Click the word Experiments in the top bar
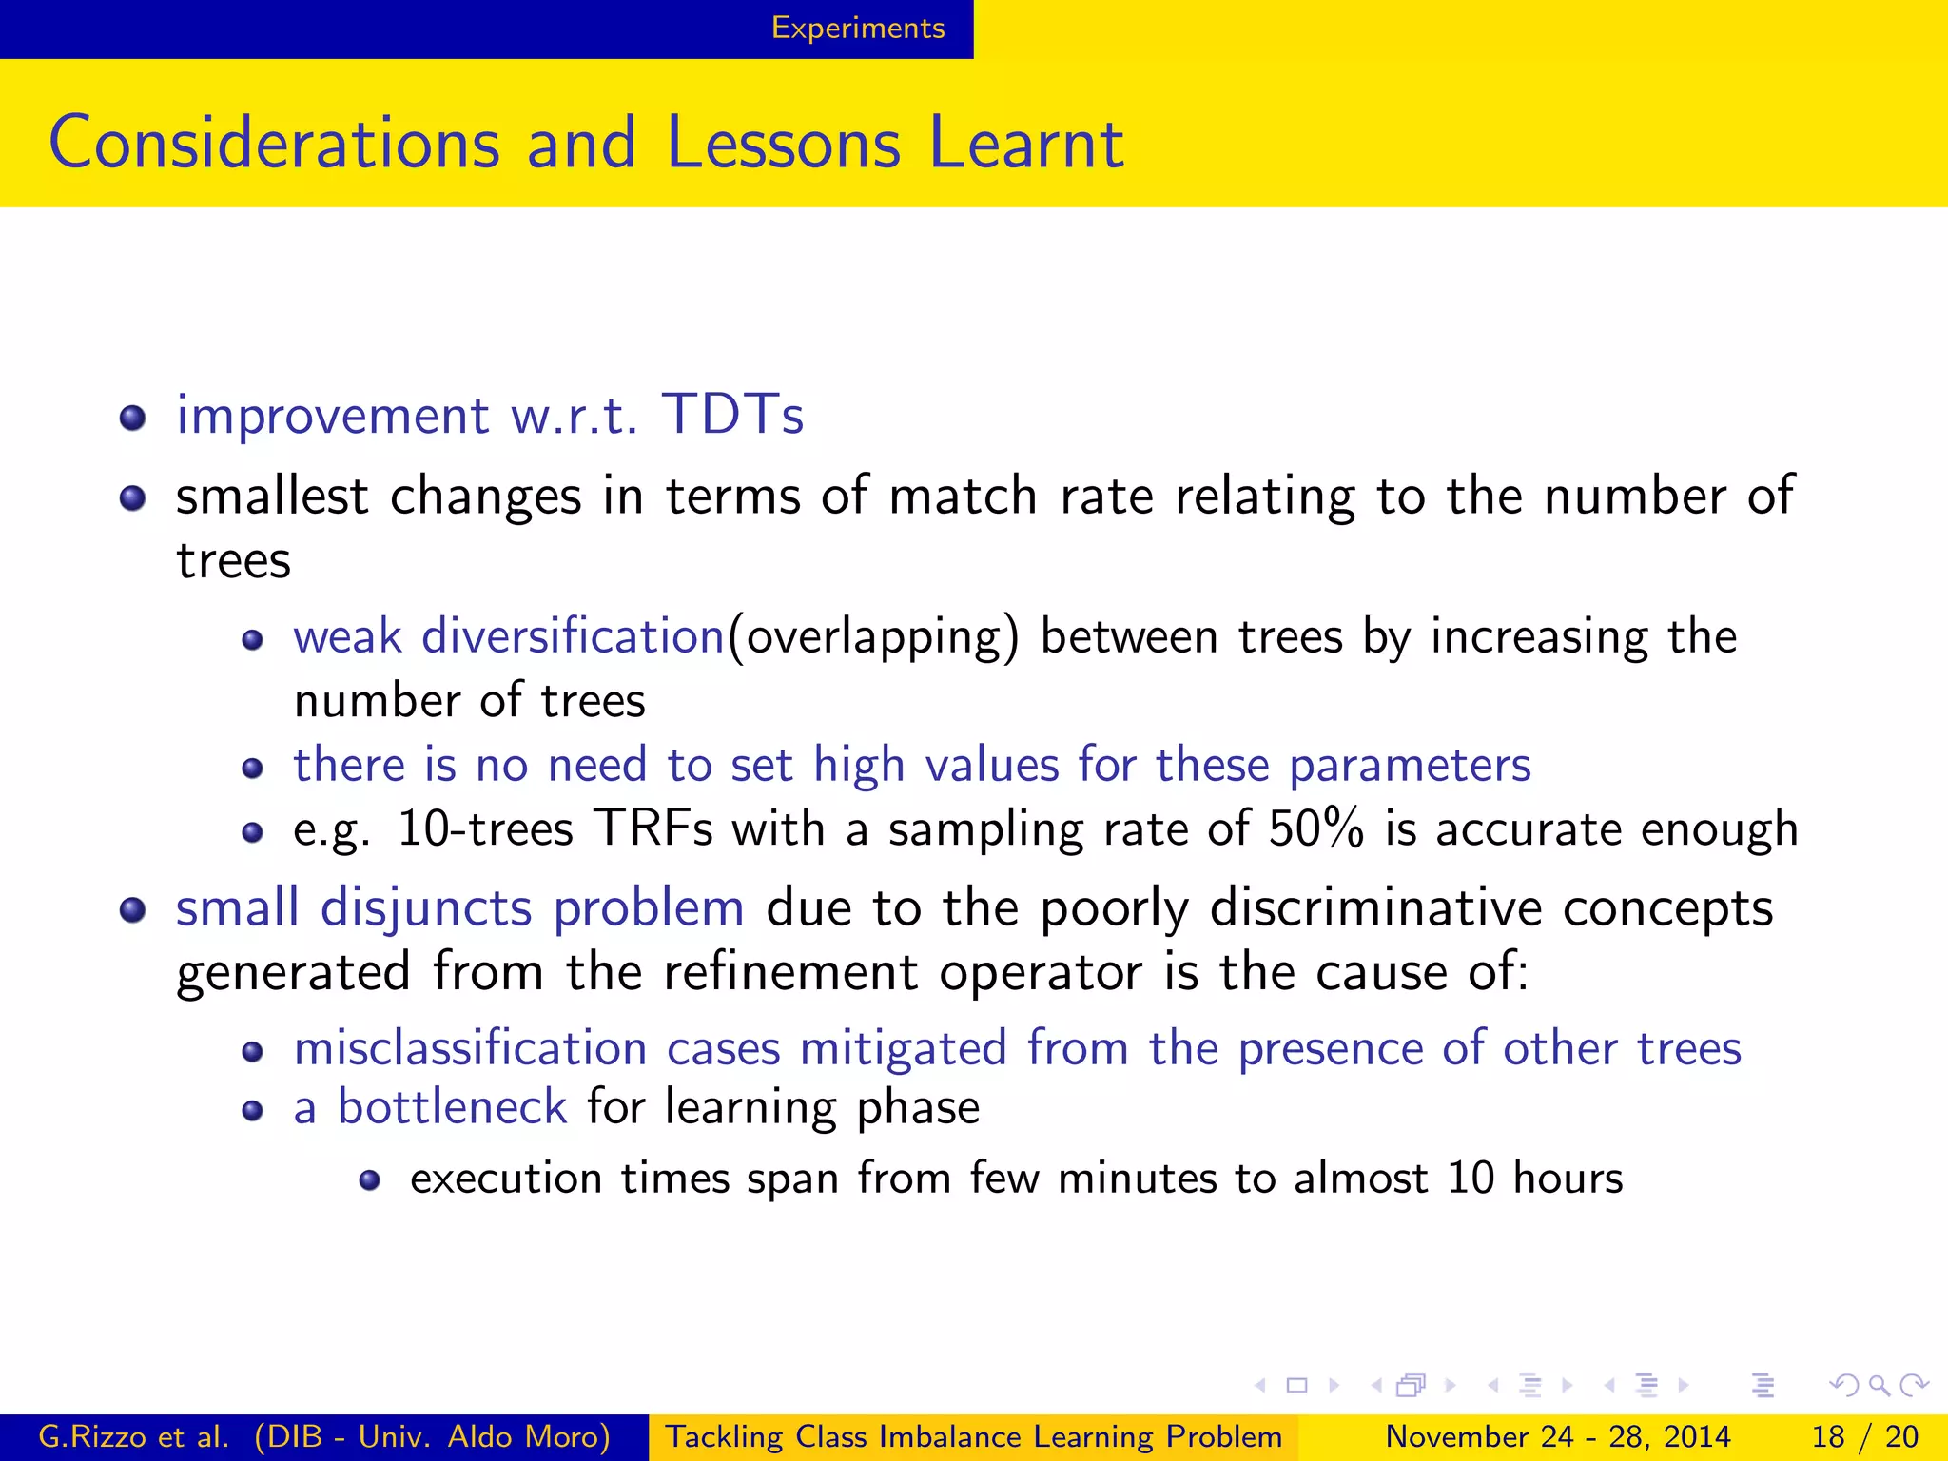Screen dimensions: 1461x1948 pyautogui.click(x=857, y=28)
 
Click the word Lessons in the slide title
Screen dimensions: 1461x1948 pyautogui.click(x=782, y=144)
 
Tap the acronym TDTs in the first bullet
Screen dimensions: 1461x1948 pyautogui.click(x=732, y=415)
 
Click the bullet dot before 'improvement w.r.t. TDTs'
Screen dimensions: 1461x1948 pyautogui.click(x=133, y=418)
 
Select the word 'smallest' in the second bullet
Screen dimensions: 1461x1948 pyautogui.click(x=272, y=497)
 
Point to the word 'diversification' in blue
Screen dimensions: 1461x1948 pyautogui.click(x=573, y=635)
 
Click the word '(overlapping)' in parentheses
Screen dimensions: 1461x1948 pyautogui.click(x=873, y=637)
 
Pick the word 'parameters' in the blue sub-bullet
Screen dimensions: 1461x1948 pyautogui.click(x=1409, y=766)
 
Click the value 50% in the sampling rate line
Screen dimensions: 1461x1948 pyautogui.click(x=1315, y=828)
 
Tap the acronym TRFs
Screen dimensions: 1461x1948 pyautogui.click(x=653, y=828)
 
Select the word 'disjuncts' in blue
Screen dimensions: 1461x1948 pyautogui.click(x=425, y=908)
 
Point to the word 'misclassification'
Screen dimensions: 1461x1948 pyautogui.click(x=470, y=1048)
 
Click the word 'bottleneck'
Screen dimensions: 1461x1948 pyautogui.click(x=452, y=1107)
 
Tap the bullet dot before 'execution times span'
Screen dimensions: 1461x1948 pyautogui.click(x=370, y=1180)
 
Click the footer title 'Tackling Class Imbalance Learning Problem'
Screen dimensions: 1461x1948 pyautogui.click(x=973, y=1436)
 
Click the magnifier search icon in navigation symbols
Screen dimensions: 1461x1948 pyautogui.click(x=1878, y=1385)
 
